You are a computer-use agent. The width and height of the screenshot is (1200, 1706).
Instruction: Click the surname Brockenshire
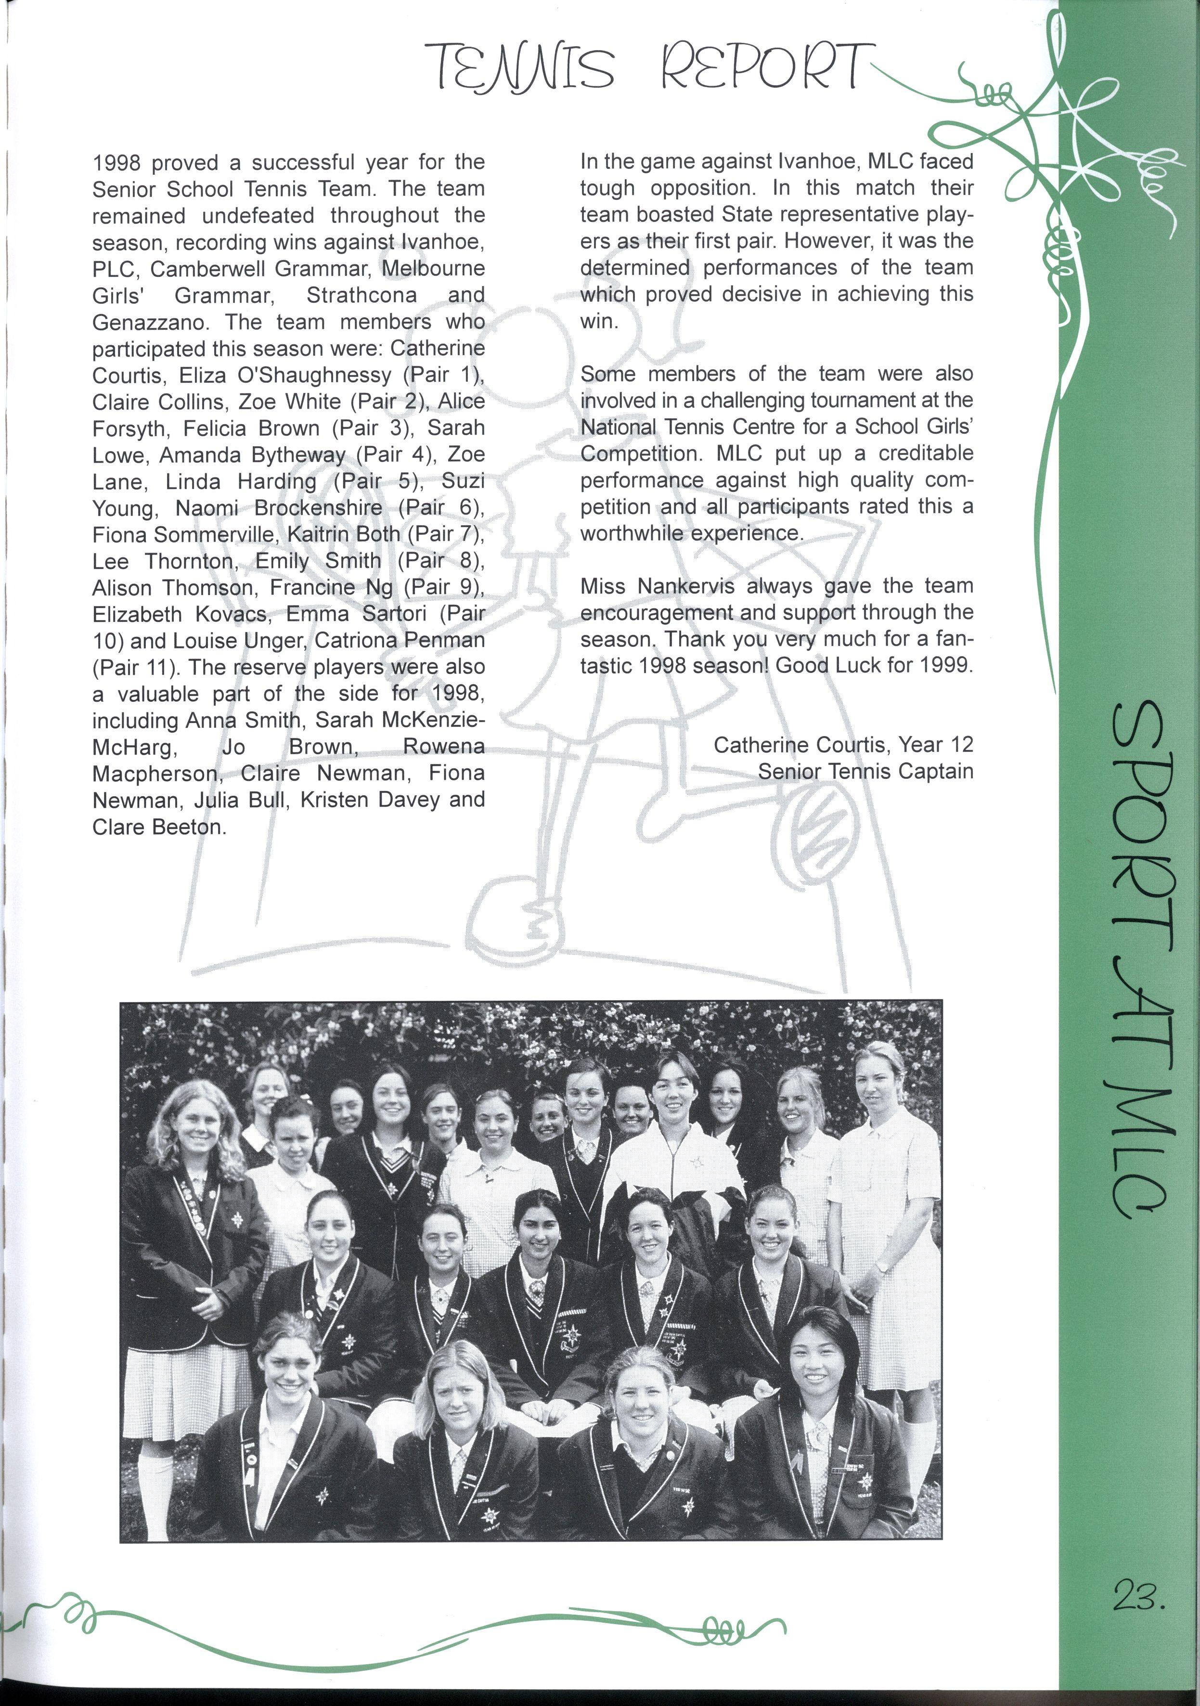[319, 508]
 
